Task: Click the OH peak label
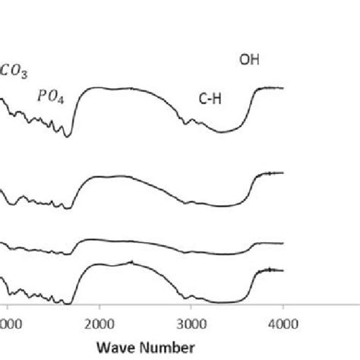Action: point(249,58)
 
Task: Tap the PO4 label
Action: point(49,95)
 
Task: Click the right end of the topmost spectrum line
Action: point(283,88)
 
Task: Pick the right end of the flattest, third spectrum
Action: point(283,244)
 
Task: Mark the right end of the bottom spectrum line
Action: point(283,270)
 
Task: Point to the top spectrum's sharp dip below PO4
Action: point(69,137)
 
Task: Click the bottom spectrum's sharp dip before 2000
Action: point(69,304)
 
